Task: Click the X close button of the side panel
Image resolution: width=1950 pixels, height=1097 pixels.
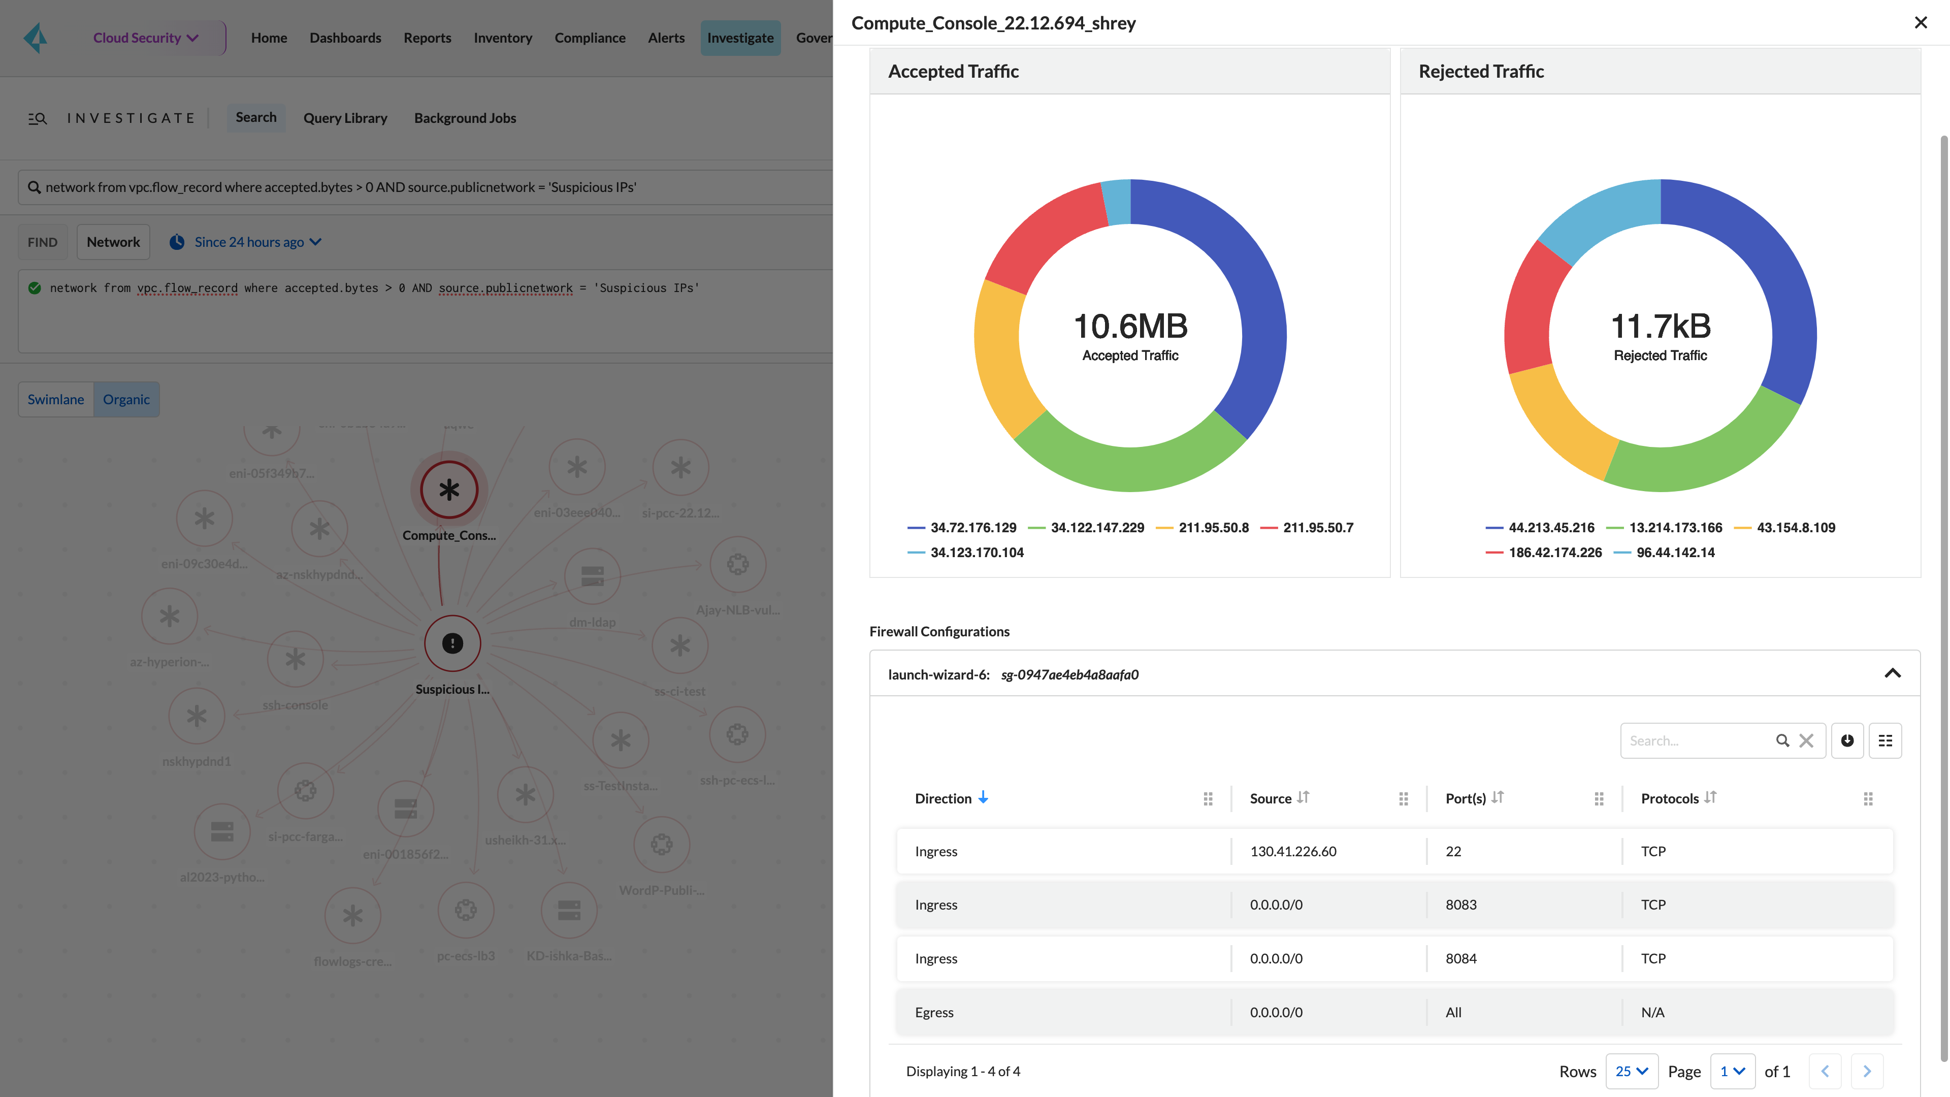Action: point(1921,23)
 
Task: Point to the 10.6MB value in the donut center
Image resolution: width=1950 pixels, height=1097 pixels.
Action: point(1130,326)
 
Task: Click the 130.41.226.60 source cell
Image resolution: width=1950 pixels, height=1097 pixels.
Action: point(1293,852)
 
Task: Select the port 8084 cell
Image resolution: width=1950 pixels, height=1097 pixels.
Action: point(1461,958)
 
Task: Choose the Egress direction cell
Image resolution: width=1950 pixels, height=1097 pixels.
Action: point(934,1012)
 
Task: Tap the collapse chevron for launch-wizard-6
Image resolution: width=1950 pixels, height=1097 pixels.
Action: point(1893,674)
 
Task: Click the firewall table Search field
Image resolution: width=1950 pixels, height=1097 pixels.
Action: point(1696,741)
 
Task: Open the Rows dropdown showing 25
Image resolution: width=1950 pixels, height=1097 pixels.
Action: point(1631,1071)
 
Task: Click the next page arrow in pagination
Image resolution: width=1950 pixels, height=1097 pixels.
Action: point(1867,1071)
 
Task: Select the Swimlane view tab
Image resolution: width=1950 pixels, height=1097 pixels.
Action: point(56,400)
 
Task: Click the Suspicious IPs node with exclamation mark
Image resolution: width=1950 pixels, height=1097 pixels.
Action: point(452,643)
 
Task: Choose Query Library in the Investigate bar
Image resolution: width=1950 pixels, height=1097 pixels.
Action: point(345,118)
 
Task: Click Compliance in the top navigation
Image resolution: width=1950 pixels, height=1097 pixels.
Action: point(590,38)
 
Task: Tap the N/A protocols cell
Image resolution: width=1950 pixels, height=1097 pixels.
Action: point(1652,1012)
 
